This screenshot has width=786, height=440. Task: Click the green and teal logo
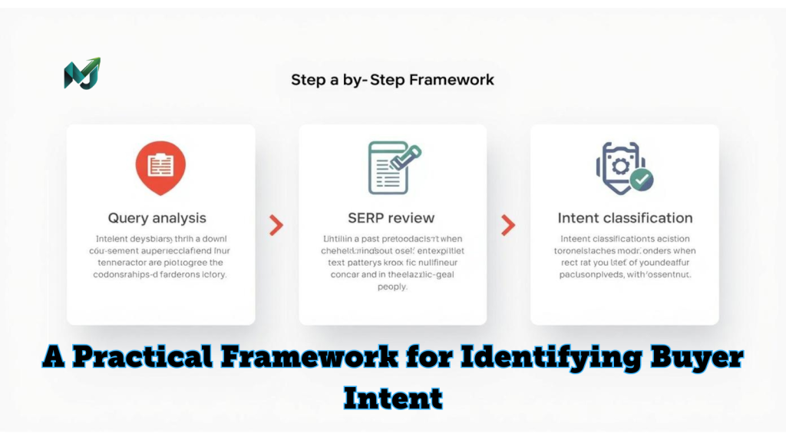coord(81,74)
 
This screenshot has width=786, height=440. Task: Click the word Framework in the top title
coord(452,80)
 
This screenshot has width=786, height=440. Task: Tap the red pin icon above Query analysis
coord(160,167)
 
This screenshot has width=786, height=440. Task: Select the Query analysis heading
coord(157,218)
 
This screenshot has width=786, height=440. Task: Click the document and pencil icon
coord(393,167)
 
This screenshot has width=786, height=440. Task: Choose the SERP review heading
coord(391,218)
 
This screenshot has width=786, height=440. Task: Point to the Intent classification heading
coord(625,218)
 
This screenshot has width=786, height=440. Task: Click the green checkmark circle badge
coord(641,179)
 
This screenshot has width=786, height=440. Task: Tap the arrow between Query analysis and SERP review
coord(276,225)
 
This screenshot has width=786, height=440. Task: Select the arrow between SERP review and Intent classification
coord(508,225)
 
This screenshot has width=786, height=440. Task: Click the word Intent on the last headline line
coord(393,398)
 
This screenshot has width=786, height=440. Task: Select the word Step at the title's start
coord(308,80)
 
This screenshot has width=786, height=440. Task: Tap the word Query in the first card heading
coord(129,218)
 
